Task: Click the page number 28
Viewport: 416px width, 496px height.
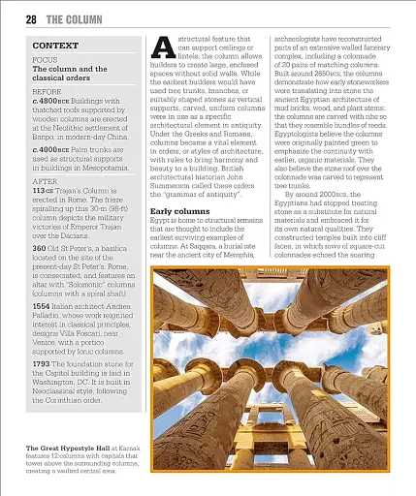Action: pyautogui.click(x=30, y=18)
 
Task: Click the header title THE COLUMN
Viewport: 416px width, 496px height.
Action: pyautogui.click(x=78, y=18)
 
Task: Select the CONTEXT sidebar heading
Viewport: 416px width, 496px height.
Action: pyautogui.click(x=55, y=46)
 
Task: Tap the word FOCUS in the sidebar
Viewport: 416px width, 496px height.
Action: pyautogui.click(x=45, y=60)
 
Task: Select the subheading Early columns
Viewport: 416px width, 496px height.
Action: pyautogui.click(x=186, y=210)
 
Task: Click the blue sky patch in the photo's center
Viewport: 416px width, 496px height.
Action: pyautogui.click(x=281, y=329)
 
